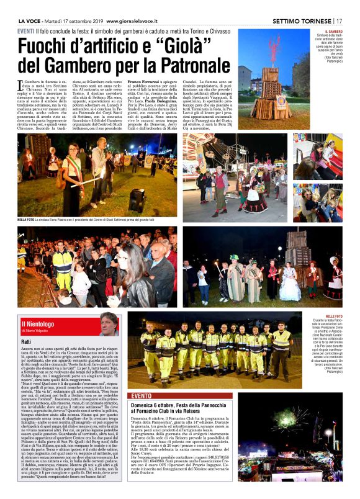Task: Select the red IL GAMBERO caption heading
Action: tap(334, 31)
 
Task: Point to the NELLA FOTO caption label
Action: tap(26, 220)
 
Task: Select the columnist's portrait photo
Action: tap(108, 324)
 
